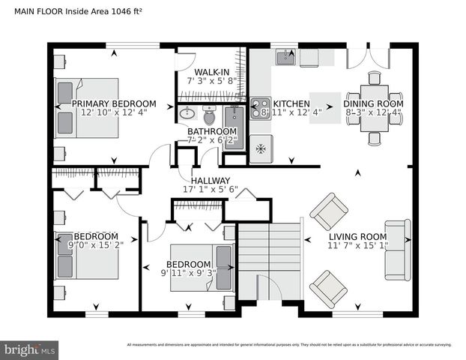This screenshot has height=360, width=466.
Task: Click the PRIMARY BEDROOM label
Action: click(x=113, y=103)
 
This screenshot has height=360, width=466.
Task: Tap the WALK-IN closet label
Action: click(x=212, y=72)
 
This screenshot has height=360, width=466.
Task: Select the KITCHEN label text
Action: click(x=291, y=103)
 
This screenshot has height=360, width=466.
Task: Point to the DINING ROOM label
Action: click(x=373, y=103)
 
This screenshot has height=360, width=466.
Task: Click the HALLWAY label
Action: click(x=210, y=181)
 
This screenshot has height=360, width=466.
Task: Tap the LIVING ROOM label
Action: click(x=357, y=236)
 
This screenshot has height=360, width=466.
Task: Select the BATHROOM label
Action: click(x=212, y=131)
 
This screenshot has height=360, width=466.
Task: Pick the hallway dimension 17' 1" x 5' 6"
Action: click(x=210, y=190)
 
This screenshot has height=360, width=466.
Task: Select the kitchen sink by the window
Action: click(x=285, y=57)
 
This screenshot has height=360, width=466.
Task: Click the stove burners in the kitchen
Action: click(x=260, y=109)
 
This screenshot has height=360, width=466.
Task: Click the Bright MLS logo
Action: click(x=30, y=349)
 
